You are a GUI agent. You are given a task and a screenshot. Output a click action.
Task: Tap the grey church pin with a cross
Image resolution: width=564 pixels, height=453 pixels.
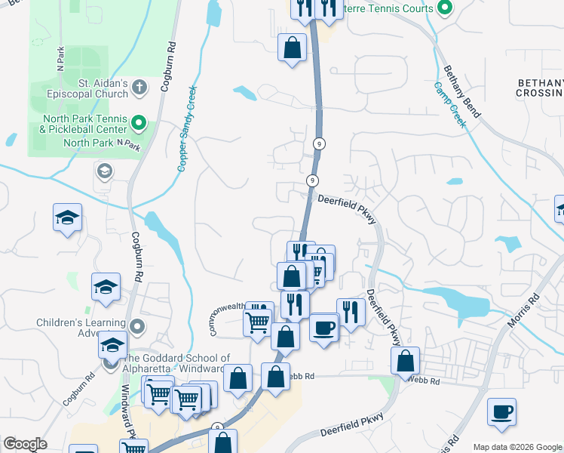pyautogui.click(x=139, y=88)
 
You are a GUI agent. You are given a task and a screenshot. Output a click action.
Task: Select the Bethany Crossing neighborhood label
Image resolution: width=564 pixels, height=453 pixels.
pyautogui.click(x=540, y=88)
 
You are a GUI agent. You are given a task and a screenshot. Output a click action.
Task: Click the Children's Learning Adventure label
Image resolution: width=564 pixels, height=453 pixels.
pyautogui.click(x=78, y=328)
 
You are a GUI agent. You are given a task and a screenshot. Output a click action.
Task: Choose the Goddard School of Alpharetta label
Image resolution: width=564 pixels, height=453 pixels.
pyautogui.click(x=177, y=363)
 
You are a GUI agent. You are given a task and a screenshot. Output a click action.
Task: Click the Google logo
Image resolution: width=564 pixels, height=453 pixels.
pyautogui.click(x=25, y=444)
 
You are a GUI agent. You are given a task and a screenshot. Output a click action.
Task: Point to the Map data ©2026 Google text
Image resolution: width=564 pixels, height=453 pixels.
pyautogui.click(x=516, y=446)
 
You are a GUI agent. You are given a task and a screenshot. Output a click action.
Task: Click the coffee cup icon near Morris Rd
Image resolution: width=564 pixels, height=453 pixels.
pyautogui.click(x=501, y=412)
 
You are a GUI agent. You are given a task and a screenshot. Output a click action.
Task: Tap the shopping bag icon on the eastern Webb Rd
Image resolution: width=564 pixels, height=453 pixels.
pyautogui.click(x=406, y=362)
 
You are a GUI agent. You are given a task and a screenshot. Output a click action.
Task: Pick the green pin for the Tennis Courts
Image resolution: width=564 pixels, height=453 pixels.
pyautogui.click(x=444, y=9)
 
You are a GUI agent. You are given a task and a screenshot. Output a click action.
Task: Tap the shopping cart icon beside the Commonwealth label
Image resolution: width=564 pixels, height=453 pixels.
pyautogui.click(x=257, y=323)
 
